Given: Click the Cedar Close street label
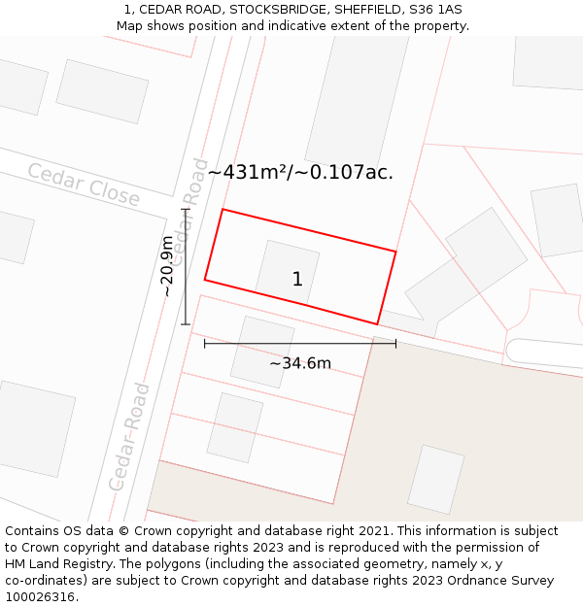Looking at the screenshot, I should click(x=83, y=185).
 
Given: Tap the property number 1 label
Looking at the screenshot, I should click(x=297, y=280).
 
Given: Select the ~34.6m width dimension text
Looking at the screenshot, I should click(x=300, y=363).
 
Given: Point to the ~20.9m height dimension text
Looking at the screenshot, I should click(x=167, y=265).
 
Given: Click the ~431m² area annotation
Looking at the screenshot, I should click(x=299, y=172).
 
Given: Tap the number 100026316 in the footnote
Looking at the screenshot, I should click(x=40, y=596).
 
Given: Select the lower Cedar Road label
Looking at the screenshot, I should click(x=129, y=436).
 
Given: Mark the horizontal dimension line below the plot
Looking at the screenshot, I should click(x=299, y=343).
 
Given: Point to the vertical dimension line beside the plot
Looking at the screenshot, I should click(x=185, y=266).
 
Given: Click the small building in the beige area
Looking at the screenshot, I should click(x=435, y=479).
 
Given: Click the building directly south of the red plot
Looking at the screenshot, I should click(x=261, y=351).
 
